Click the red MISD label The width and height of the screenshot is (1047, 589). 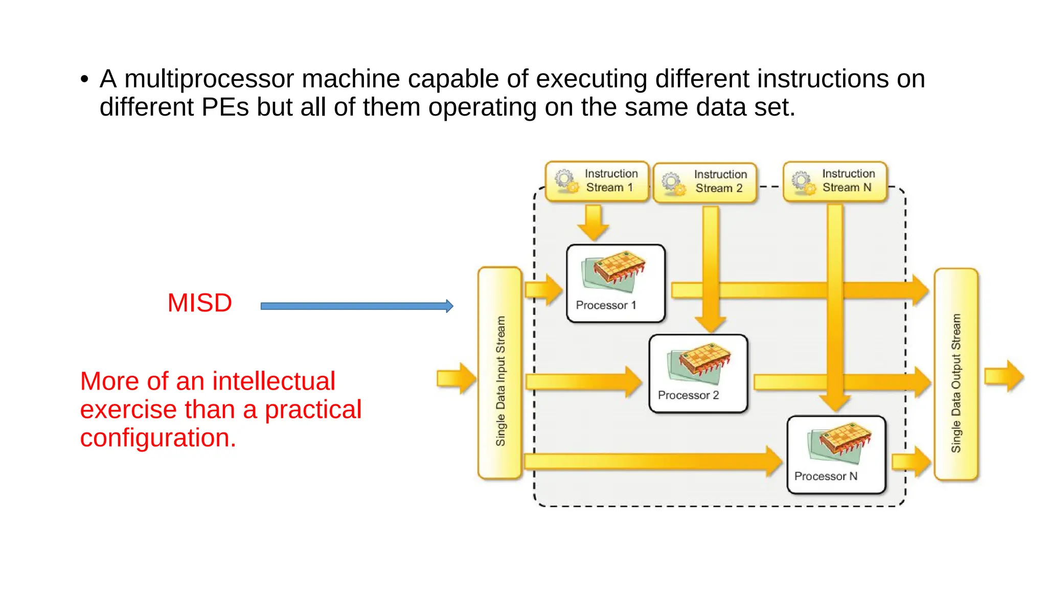(x=199, y=303)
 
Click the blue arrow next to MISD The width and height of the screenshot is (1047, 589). (x=356, y=306)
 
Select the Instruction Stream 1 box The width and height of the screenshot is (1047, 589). (x=597, y=181)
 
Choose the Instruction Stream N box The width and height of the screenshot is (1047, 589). (x=835, y=181)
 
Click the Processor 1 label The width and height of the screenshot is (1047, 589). (x=606, y=305)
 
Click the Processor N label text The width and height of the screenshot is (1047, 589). (x=825, y=476)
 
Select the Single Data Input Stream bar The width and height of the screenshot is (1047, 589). (x=500, y=373)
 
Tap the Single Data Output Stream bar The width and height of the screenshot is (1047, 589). (x=955, y=374)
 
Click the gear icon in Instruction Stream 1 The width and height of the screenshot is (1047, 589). (x=565, y=180)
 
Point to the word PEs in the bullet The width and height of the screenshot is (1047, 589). (x=225, y=107)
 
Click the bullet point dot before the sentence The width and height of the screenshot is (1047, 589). (x=84, y=80)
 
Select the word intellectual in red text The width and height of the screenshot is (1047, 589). (x=274, y=381)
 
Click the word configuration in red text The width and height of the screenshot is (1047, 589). (x=157, y=438)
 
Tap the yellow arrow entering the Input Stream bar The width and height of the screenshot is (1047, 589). (x=455, y=378)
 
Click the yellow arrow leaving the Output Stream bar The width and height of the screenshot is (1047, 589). (x=1004, y=376)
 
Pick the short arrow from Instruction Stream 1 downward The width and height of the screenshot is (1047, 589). (x=593, y=222)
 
